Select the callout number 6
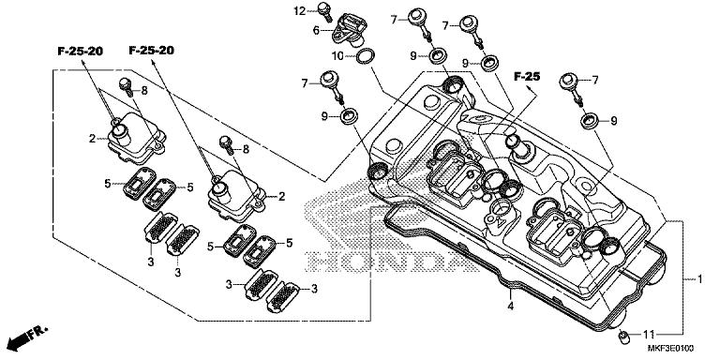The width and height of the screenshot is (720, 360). tap(317, 31)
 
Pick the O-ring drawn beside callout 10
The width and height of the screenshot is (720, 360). tap(366, 58)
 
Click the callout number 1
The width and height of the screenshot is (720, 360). tap(698, 279)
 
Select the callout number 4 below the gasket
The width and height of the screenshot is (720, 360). tap(510, 305)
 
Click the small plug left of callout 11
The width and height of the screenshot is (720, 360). tap(623, 334)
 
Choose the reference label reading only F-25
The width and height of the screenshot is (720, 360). tap(528, 74)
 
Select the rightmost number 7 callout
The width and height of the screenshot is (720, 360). tap(594, 80)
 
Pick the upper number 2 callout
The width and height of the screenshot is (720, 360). tap(91, 139)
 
